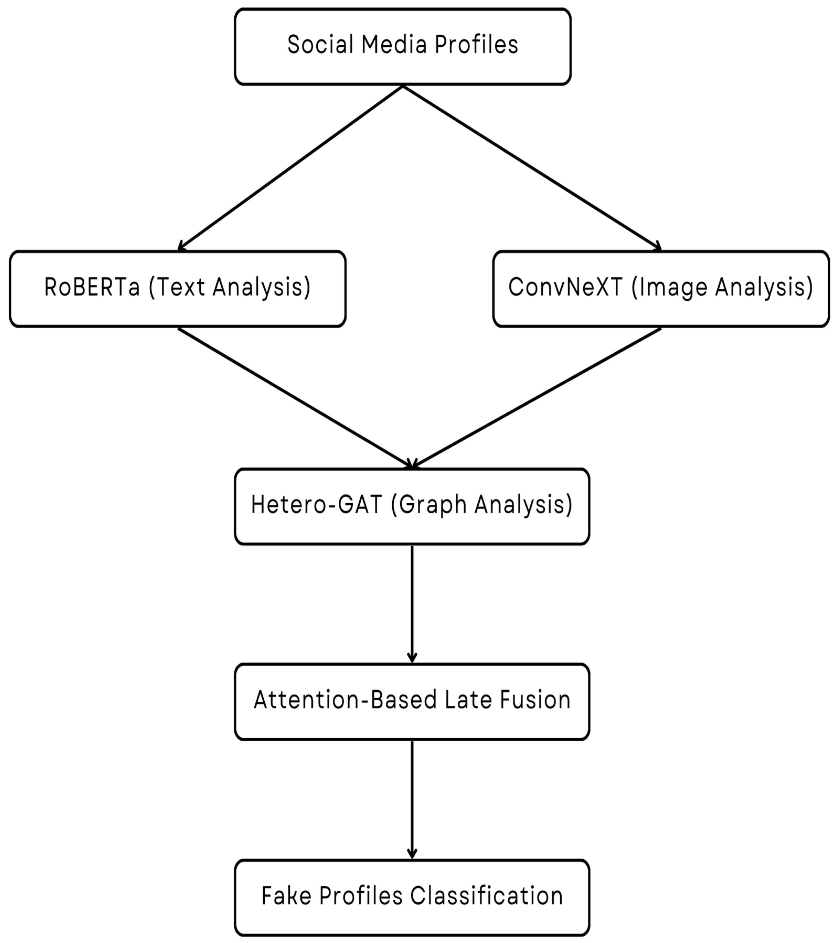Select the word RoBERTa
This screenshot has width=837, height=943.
tap(92, 287)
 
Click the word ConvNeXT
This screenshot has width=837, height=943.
tap(566, 287)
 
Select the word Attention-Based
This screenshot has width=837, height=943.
tap(345, 700)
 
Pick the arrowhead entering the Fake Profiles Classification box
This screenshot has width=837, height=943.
tap(412, 854)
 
